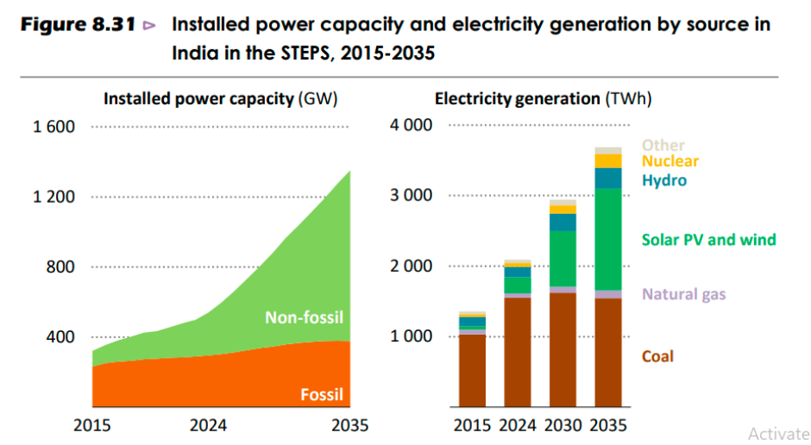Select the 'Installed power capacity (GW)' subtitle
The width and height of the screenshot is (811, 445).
(x=220, y=98)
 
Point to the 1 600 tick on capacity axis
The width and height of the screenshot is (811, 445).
(x=53, y=127)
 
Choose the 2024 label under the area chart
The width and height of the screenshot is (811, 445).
(x=209, y=425)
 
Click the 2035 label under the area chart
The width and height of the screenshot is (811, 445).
(x=350, y=425)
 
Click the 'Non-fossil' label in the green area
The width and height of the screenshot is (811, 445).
(x=303, y=317)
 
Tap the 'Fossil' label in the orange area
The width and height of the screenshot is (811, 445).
(x=322, y=396)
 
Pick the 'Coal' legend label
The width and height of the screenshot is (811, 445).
(x=657, y=356)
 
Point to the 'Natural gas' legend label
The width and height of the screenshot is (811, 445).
(x=683, y=294)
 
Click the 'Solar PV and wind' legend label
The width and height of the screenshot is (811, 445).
(x=708, y=240)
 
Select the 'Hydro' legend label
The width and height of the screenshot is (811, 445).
(x=663, y=180)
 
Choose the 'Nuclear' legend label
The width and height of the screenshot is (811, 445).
(x=670, y=161)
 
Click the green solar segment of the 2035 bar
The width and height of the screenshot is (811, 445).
(x=608, y=239)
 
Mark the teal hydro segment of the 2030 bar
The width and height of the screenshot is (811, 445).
(x=563, y=222)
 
